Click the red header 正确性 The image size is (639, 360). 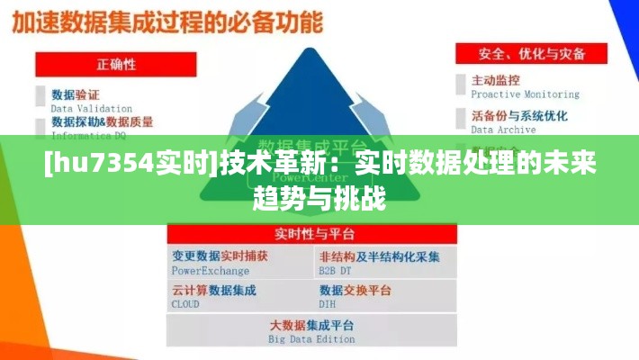[x=116, y=64]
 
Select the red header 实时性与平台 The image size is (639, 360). [x=311, y=235]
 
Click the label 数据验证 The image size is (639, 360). [x=76, y=94]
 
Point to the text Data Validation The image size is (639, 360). [x=91, y=109]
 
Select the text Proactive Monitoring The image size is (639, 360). [x=526, y=94]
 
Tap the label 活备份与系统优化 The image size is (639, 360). [x=519, y=116]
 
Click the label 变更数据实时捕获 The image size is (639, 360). [x=220, y=256]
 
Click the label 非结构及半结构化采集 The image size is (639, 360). [x=379, y=256]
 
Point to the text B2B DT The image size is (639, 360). [x=335, y=270]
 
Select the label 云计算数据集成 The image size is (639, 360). [x=214, y=291]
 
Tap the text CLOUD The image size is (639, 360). [x=185, y=304]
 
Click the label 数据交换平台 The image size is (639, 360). [x=355, y=291]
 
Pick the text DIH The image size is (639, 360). [x=326, y=304]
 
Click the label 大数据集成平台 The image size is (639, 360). [x=311, y=325]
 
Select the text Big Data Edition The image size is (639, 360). [x=311, y=339]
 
